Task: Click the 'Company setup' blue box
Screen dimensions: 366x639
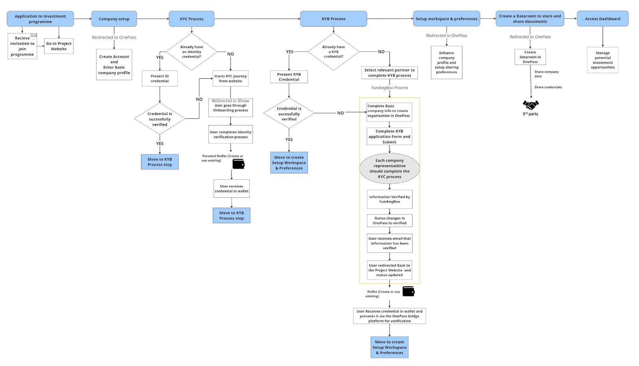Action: click(x=114, y=19)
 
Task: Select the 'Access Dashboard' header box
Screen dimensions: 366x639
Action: click(x=602, y=19)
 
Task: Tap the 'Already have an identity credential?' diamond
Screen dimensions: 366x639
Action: click(x=192, y=52)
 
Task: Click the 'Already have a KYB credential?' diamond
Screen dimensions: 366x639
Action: click(x=333, y=52)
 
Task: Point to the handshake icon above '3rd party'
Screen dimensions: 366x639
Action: click(x=530, y=105)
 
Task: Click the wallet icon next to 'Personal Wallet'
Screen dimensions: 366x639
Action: click(x=238, y=164)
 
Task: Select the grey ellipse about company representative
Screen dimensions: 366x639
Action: click(x=389, y=168)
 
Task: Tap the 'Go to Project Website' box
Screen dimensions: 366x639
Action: click(x=59, y=46)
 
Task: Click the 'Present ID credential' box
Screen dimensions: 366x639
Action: click(x=160, y=79)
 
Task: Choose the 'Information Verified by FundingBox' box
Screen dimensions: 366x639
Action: click(x=389, y=199)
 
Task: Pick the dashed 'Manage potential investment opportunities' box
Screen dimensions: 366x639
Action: click(x=602, y=60)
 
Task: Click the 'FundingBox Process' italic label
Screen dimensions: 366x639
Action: click(x=389, y=88)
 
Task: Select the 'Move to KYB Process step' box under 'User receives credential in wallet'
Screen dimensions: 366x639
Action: click(x=231, y=215)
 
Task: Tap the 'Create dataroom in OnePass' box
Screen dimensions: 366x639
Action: click(x=530, y=57)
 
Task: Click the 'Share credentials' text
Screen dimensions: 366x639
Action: click(x=548, y=87)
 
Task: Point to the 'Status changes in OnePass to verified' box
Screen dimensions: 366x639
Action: click(x=389, y=221)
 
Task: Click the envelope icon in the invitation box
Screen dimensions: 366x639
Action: click(x=34, y=36)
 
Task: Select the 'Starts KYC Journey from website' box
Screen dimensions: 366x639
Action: click(x=230, y=78)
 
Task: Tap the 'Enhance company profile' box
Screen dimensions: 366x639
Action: click(x=447, y=62)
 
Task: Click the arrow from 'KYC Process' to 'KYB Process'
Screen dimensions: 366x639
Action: click(x=257, y=19)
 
